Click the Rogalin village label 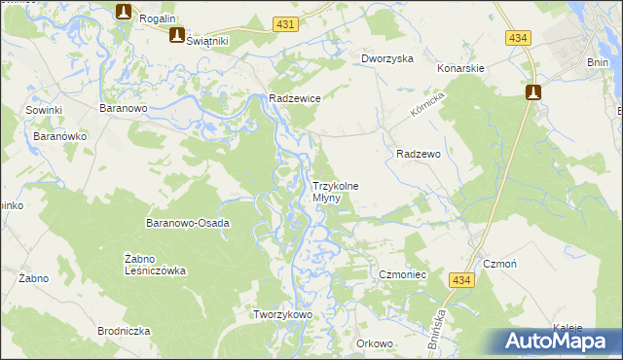[x=156, y=18]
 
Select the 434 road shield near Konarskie [x=518, y=37]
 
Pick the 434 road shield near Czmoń [x=462, y=279]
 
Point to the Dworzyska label [x=387, y=58]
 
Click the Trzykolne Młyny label [x=335, y=192]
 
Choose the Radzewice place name [x=295, y=98]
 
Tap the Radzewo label [x=420, y=154]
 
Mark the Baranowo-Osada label [x=187, y=223]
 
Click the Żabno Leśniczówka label [x=156, y=265]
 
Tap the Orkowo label [x=375, y=343]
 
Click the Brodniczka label [x=124, y=331]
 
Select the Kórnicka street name [x=426, y=107]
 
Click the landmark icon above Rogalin [x=124, y=11]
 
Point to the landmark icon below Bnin [x=533, y=92]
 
